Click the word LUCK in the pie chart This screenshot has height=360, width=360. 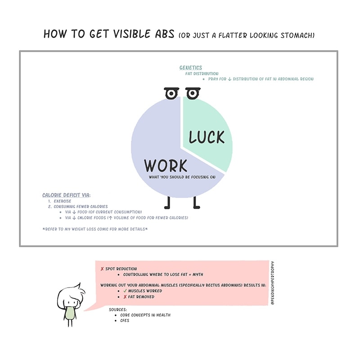207,137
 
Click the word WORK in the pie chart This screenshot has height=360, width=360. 166,165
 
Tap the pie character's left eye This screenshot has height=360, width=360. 171,94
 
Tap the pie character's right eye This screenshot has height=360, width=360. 193,94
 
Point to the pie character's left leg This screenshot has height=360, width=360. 168,203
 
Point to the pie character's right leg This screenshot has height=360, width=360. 196,203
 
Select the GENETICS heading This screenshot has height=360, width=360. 191,68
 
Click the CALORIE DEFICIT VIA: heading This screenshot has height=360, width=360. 67,195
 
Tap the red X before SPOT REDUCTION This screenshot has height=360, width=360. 102,269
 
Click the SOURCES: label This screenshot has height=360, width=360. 118,310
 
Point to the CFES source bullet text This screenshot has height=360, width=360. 125,321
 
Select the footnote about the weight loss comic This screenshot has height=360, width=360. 95,229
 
